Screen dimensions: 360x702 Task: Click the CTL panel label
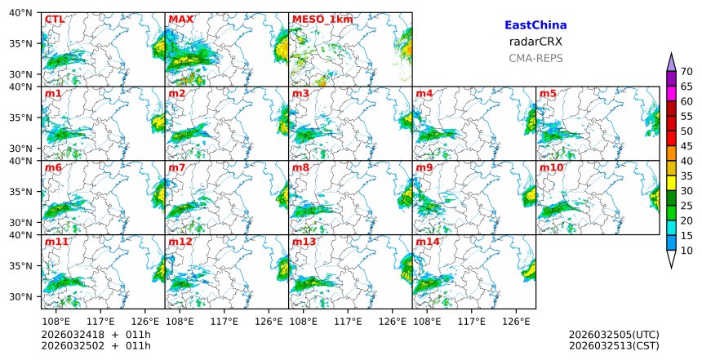point(55,20)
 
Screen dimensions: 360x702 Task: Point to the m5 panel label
point(548,94)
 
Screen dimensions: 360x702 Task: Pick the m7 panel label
point(177,168)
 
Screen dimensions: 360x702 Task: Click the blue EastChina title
point(535,26)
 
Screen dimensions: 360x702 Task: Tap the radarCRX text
point(535,42)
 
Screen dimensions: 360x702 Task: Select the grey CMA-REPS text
point(535,58)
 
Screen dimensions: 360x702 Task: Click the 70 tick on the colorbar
point(686,72)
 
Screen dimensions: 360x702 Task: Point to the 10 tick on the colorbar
point(686,251)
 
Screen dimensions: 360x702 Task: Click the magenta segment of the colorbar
point(671,87)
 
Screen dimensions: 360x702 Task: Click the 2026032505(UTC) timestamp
point(614,335)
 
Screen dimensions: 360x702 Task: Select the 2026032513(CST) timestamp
point(614,346)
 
